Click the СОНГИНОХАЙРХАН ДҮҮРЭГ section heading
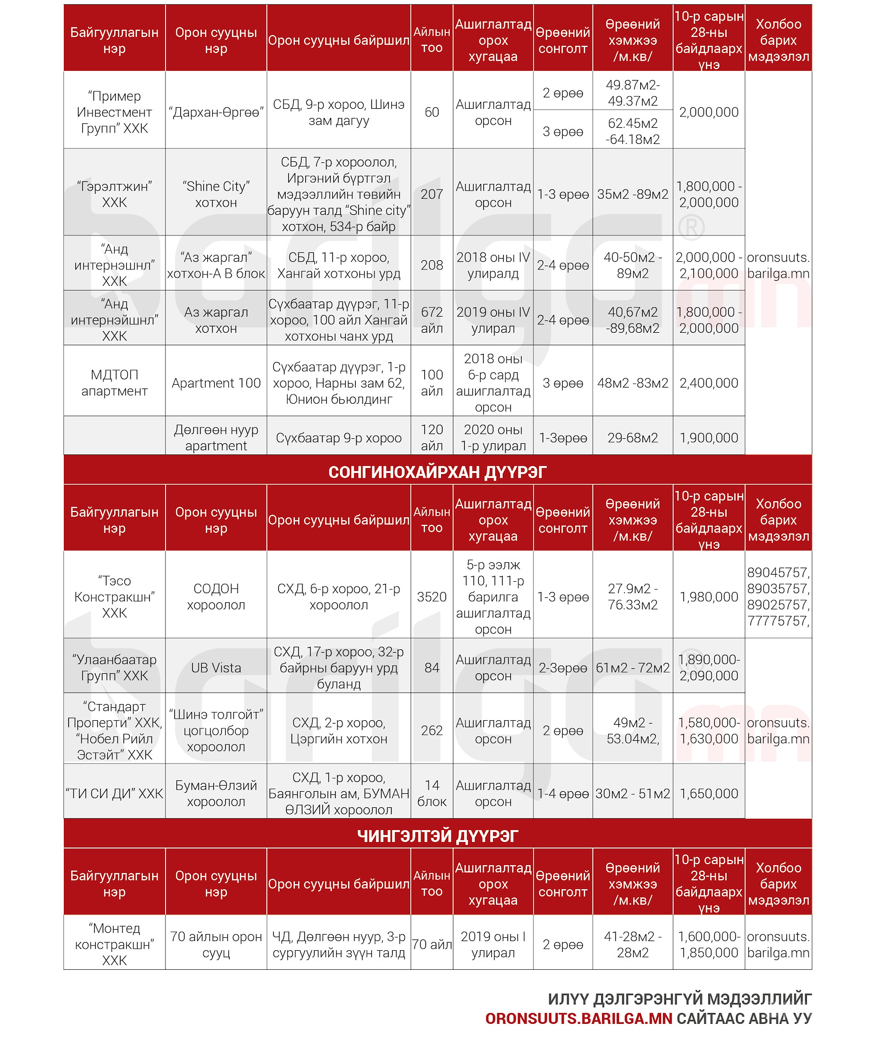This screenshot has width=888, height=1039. [x=437, y=472]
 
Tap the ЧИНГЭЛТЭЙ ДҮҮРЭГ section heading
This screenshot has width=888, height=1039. [x=437, y=836]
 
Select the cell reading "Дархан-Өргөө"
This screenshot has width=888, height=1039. [x=216, y=112]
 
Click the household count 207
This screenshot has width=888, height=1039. [x=431, y=194]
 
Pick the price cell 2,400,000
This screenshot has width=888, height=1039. [x=708, y=383]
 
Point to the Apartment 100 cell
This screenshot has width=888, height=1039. [x=216, y=383]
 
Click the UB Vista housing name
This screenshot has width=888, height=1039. [x=216, y=667]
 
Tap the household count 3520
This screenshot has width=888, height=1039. [x=431, y=596]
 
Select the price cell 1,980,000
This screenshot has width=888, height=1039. [x=708, y=596]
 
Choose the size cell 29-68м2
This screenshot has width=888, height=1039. [x=633, y=437]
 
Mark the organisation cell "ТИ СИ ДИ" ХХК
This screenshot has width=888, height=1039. [x=114, y=793]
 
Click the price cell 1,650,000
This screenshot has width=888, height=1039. [x=708, y=793]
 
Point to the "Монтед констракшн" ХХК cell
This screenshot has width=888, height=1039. [x=114, y=944]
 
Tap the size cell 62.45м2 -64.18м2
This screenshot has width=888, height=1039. [x=633, y=131]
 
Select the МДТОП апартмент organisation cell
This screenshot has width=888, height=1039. [x=114, y=383]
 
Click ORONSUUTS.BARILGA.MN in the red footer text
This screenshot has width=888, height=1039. [x=578, y=1018]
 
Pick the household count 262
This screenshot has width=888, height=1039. [x=431, y=730]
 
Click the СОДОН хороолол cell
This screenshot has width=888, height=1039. [x=216, y=596]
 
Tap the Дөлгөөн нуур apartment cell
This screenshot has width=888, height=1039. [x=216, y=437]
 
